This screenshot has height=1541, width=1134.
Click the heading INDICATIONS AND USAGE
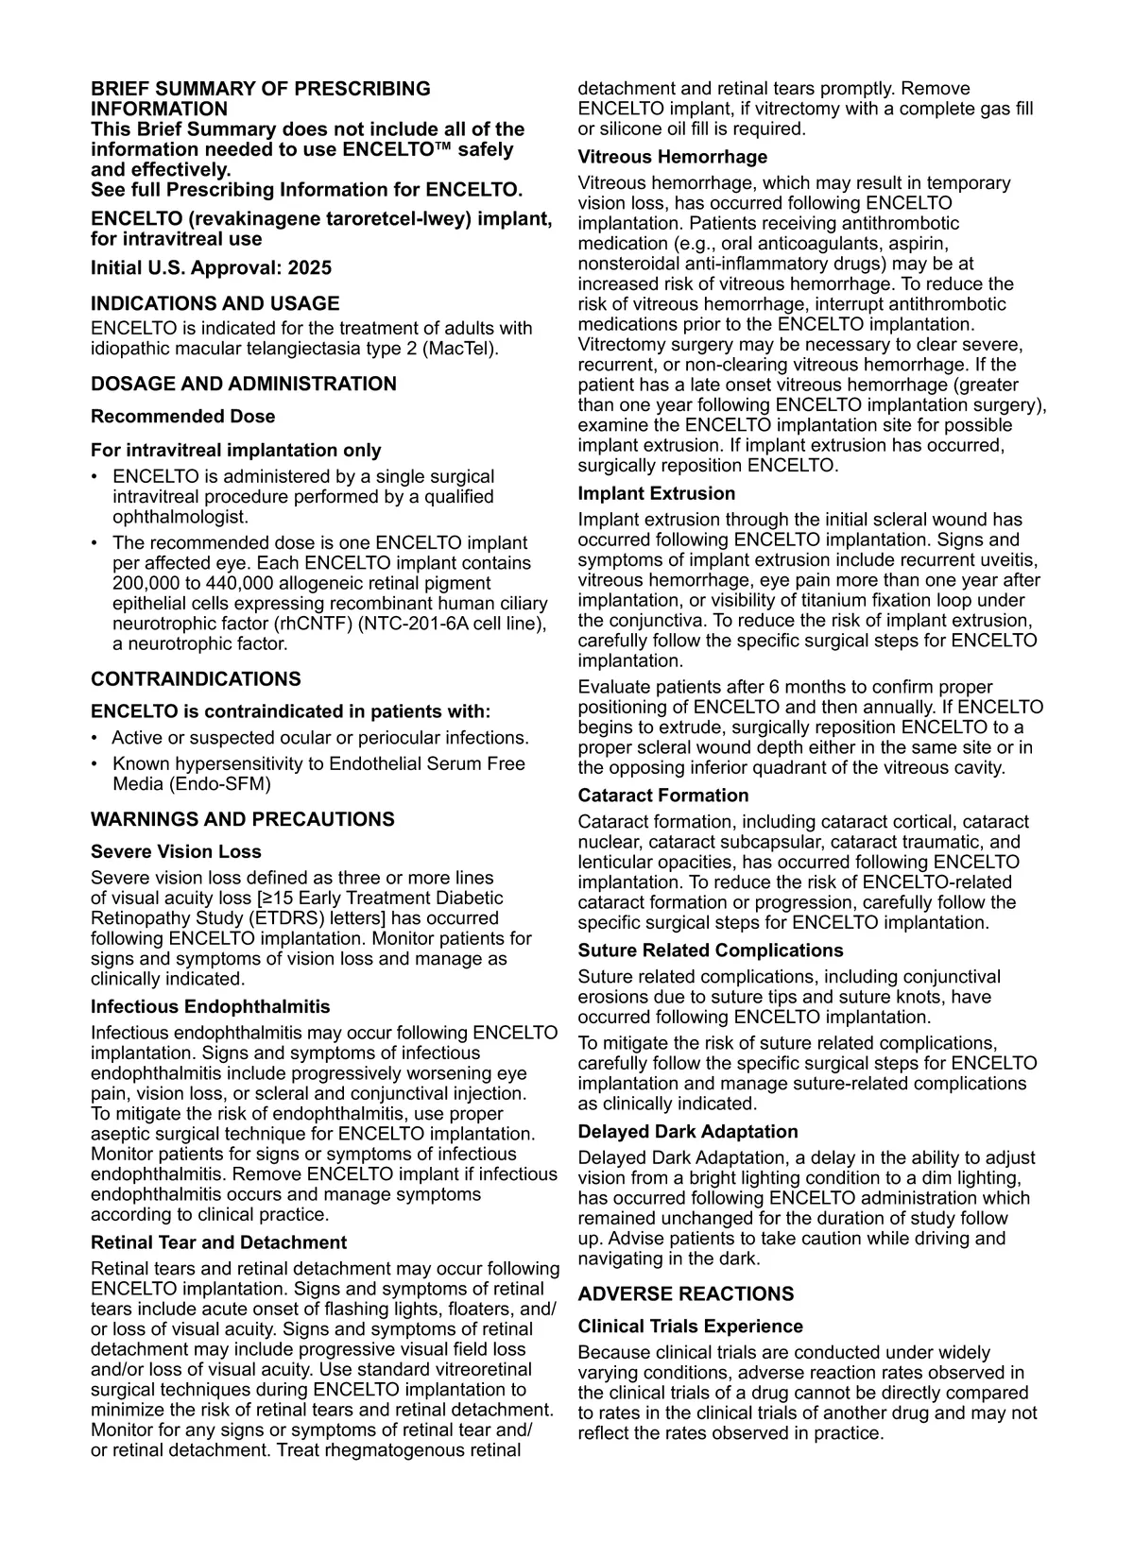(x=215, y=303)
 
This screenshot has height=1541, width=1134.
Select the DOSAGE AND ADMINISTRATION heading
(x=243, y=384)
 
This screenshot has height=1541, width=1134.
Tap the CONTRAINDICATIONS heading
(x=196, y=678)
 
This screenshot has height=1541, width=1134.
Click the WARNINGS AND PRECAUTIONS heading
(x=242, y=819)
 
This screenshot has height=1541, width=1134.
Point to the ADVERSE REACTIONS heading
(x=686, y=1293)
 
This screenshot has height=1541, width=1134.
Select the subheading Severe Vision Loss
(x=176, y=851)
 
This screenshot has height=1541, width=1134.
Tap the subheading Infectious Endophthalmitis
(x=210, y=1006)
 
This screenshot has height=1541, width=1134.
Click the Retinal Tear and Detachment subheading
(x=218, y=1242)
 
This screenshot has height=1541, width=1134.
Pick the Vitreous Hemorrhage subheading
(x=672, y=157)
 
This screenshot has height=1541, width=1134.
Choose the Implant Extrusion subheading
(x=656, y=493)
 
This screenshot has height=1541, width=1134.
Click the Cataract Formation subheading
(x=662, y=796)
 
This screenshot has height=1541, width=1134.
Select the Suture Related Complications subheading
(x=711, y=950)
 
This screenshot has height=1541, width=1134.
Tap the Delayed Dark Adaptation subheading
(x=688, y=1132)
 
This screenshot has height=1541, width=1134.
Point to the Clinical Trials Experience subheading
(x=690, y=1327)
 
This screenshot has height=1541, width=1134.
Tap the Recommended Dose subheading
(x=182, y=417)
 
